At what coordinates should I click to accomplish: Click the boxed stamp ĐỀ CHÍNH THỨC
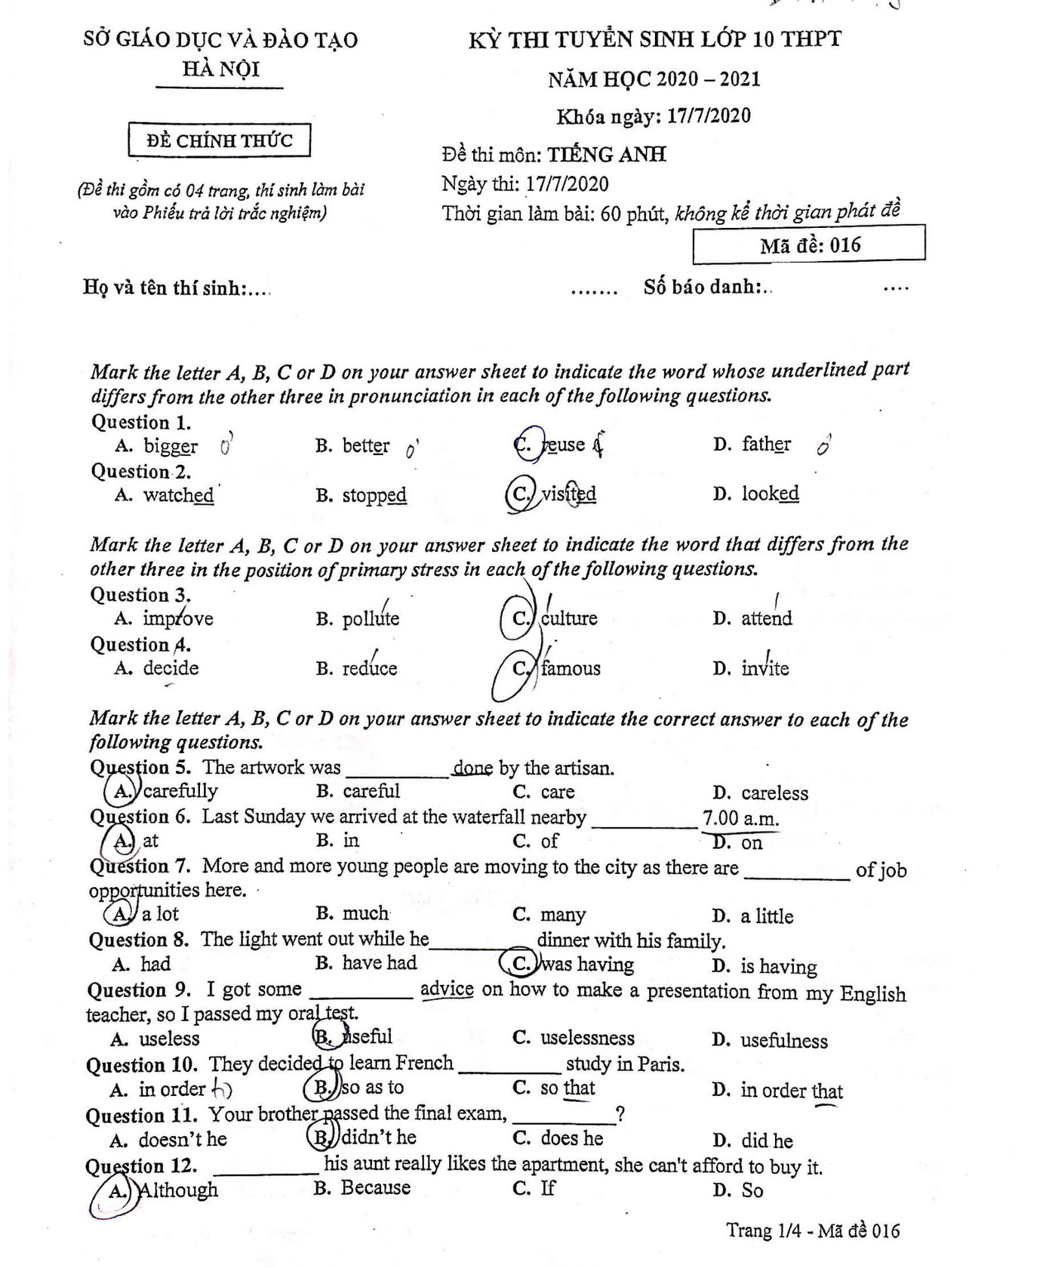click(x=219, y=140)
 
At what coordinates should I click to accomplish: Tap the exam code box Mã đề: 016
click(x=810, y=245)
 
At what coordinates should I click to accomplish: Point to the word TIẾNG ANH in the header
click(x=607, y=155)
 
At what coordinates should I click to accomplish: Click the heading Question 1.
click(x=141, y=422)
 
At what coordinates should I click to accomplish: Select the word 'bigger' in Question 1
click(x=171, y=446)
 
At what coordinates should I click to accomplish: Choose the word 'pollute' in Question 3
click(x=371, y=619)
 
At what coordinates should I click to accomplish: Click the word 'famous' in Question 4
click(x=571, y=668)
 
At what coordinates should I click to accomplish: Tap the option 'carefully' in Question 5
click(x=180, y=791)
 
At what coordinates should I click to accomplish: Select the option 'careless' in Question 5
click(x=774, y=793)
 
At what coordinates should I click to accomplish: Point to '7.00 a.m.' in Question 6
click(x=740, y=818)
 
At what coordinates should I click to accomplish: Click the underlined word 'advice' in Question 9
click(x=447, y=989)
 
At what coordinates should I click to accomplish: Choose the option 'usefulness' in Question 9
click(x=783, y=1041)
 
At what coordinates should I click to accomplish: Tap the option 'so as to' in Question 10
click(x=372, y=1088)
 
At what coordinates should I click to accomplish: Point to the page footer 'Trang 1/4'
click(x=759, y=1231)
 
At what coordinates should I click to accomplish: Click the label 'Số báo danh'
click(x=703, y=287)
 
